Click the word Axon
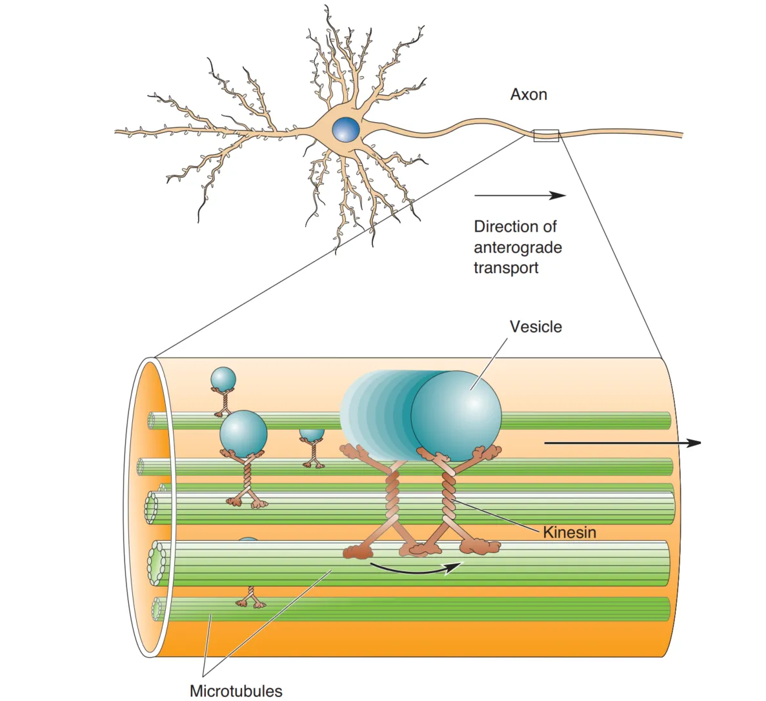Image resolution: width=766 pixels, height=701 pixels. (529, 95)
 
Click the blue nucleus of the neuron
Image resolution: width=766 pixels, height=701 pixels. (346, 129)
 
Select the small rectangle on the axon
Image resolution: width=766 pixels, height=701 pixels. (546, 136)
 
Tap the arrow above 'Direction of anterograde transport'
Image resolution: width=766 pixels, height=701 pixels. (519, 196)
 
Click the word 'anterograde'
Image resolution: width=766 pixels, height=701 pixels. (518, 248)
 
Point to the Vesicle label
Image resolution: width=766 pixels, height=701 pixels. (536, 327)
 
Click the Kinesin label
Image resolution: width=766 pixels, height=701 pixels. (569, 533)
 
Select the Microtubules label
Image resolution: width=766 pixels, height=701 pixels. (236, 691)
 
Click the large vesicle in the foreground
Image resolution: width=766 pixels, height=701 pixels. (456, 415)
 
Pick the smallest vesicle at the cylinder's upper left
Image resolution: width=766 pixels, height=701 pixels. (223, 379)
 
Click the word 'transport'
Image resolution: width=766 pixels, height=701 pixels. (506, 269)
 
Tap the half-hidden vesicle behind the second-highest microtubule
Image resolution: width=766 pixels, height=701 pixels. (312, 434)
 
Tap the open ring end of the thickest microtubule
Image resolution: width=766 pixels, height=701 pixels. (157, 562)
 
